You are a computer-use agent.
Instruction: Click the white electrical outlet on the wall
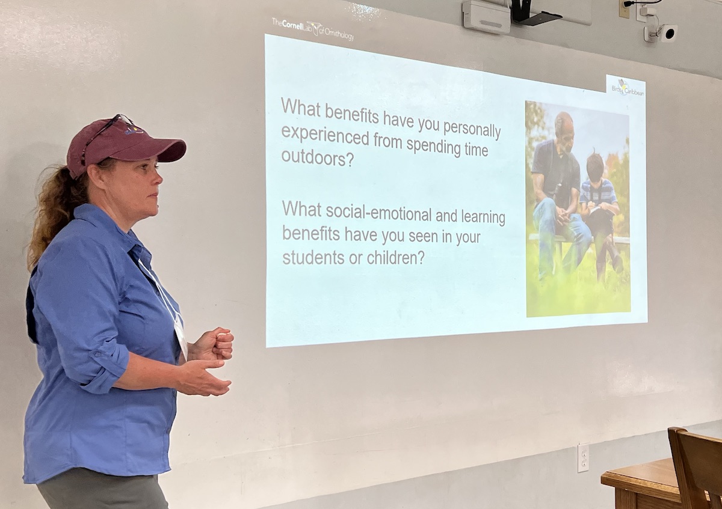tap(583, 458)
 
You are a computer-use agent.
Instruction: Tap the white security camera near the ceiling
tap(664, 33)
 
